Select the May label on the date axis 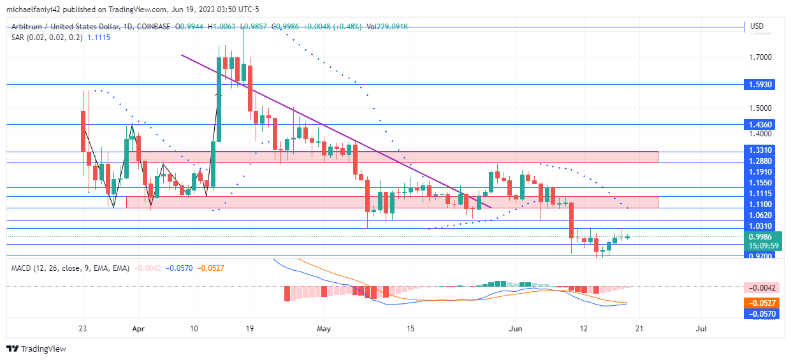[x=324, y=329]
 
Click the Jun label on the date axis [x=517, y=329]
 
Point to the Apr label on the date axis [x=137, y=329]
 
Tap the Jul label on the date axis [x=701, y=329]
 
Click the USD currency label [x=757, y=26]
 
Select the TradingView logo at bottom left [x=37, y=349]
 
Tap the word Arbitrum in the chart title [x=29, y=27]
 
